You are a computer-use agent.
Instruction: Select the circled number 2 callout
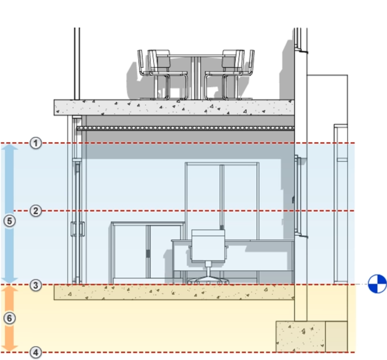click(36, 211)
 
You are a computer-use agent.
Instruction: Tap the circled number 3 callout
click(36, 285)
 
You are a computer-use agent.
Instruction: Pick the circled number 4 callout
click(36, 353)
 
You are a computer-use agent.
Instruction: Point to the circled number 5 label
click(10, 221)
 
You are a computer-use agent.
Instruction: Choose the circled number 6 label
click(10, 318)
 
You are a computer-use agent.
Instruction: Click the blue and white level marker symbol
click(377, 284)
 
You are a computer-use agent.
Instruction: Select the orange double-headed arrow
click(10, 318)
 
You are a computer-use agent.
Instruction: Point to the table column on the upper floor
click(197, 77)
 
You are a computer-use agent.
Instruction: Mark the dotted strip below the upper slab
click(185, 128)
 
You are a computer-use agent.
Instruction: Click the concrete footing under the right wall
click(300, 337)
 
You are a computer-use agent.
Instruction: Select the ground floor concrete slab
click(174, 292)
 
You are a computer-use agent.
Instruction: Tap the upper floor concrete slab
click(174, 107)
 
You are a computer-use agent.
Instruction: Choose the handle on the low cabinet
click(148, 254)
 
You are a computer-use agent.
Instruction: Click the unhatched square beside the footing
click(336, 337)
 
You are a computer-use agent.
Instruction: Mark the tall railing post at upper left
click(77, 64)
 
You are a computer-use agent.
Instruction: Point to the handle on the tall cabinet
click(222, 227)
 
